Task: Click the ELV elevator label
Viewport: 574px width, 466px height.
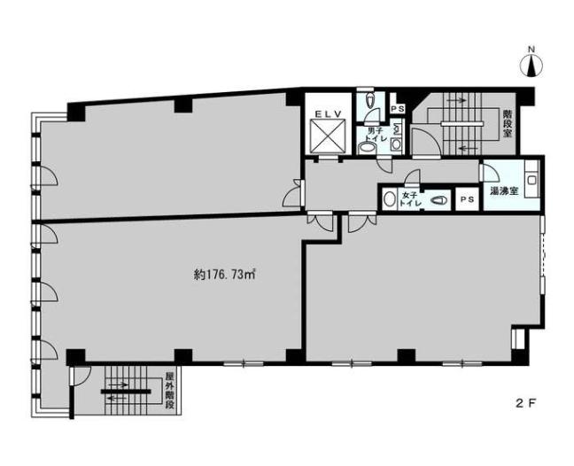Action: point(329,114)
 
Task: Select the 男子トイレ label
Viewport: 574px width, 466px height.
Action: point(375,135)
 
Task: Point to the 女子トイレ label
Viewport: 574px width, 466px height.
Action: point(408,199)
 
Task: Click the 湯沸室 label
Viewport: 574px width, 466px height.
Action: point(504,190)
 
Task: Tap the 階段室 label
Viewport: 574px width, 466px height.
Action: point(507,123)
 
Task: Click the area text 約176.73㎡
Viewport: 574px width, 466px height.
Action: point(224,275)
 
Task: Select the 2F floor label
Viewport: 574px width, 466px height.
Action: point(526,403)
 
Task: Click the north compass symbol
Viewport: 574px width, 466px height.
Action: point(531,66)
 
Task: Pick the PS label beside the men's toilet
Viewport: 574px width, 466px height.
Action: point(397,109)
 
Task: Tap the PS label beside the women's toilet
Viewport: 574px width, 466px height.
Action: point(467,199)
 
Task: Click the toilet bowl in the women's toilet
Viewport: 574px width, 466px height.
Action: point(438,200)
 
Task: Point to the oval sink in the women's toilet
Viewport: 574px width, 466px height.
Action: point(389,199)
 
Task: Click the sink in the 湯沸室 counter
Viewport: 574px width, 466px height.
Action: point(531,181)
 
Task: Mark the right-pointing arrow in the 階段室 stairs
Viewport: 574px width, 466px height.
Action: point(456,99)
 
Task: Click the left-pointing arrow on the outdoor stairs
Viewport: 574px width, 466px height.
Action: point(119,398)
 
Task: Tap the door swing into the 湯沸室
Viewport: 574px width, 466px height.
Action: point(491,172)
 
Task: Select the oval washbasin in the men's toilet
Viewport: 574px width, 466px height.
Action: point(367,148)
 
